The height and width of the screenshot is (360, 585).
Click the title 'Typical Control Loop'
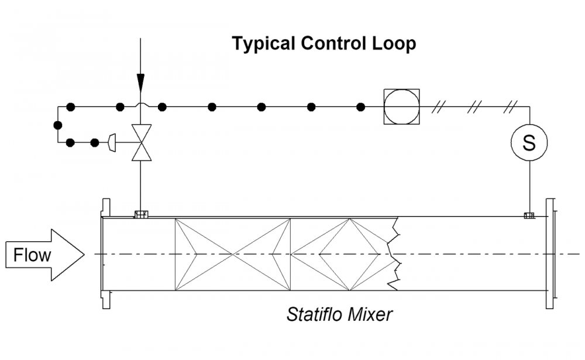pyautogui.click(x=324, y=44)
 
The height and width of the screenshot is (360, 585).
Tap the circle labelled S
pyautogui.click(x=529, y=143)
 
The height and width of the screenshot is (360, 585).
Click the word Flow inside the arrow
pyautogui.click(x=32, y=255)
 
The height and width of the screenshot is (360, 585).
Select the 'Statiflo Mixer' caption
pyautogui.click(x=339, y=314)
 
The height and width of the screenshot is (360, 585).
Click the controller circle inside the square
pyautogui.click(x=401, y=107)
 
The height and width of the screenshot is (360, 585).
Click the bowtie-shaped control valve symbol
pyautogui.click(x=140, y=142)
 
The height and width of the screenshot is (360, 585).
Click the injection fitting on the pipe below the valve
pyautogui.click(x=140, y=214)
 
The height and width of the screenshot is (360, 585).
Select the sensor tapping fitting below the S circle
pyautogui.click(x=529, y=215)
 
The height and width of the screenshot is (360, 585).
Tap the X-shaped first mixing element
pyautogui.click(x=233, y=254)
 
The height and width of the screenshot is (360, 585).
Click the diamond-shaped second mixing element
pyautogui.click(x=349, y=254)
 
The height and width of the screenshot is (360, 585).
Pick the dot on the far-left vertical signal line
pyautogui.click(x=57, y=125)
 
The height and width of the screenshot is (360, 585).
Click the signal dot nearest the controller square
pyautogui.click(x=361, y=107)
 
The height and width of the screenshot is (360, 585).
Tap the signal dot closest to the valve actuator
pyautogui.click(x=95, y=142)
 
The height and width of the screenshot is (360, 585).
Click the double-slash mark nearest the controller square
pyautogui.click(x=438, y=107)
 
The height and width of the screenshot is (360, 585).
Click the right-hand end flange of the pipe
pyautogui.click(x=550, y=254)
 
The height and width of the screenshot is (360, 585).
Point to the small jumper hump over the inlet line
pyautogui.click(x=140, y=105)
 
